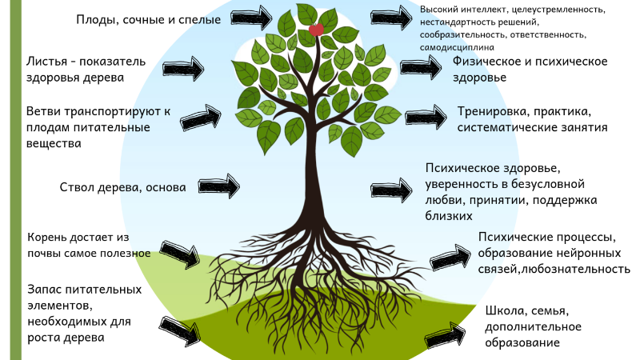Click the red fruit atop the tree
pyautogui.click(x=316, y=30)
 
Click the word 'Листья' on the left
pyautogui.click(x=46, y=61)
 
